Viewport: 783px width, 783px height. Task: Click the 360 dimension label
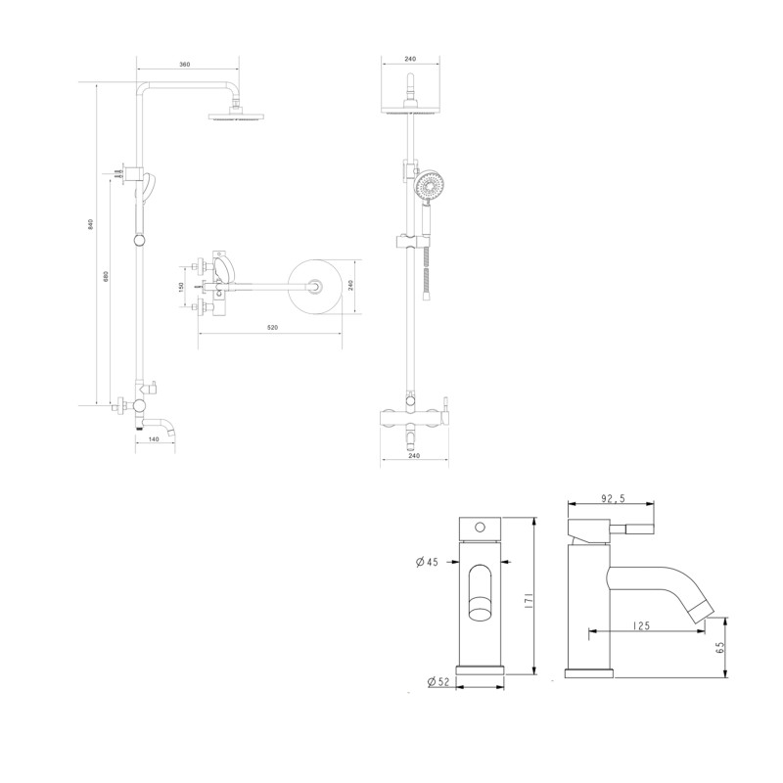(x=185, y=65)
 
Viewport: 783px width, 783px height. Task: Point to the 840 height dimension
(x=90, y=224)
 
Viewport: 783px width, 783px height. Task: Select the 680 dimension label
(x=106, y=276)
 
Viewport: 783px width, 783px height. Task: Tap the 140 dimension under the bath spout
(x=154, y=438)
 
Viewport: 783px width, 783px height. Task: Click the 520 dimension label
(x=272, y=328)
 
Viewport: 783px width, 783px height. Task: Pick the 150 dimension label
(x=181, y=287)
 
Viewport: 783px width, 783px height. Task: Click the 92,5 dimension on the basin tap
(x=613, y=498)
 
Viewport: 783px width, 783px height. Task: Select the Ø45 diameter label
(x=427, y=562)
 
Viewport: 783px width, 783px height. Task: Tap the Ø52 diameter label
(x=439, y=681)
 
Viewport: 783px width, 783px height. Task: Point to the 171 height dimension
(x=529, y=600)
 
